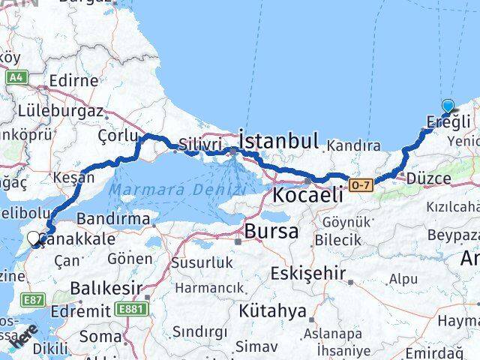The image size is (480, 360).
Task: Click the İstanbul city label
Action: (278, 140)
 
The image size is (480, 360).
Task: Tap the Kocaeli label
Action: (307, 195)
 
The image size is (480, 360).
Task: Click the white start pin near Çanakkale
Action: (34, 239)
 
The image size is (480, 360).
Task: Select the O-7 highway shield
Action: (361, 183)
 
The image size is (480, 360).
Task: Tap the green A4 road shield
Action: (16, 76)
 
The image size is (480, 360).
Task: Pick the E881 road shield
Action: (132, 307)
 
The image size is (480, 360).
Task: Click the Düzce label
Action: (427, 178)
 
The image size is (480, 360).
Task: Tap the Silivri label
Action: (200, 144)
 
